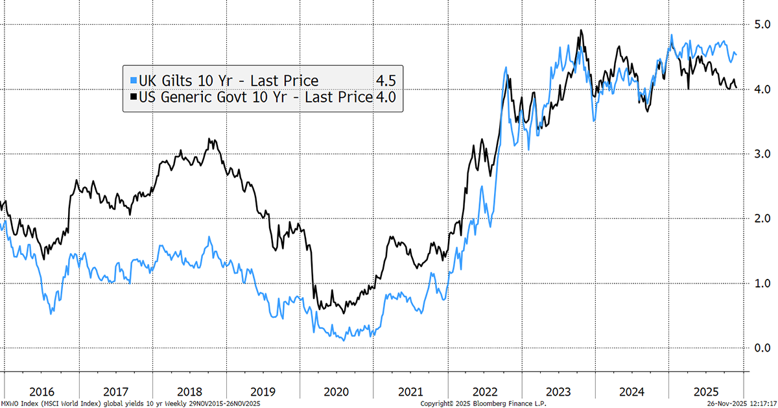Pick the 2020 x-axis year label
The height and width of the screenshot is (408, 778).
point(336,392)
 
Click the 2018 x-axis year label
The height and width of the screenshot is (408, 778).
point(189,392)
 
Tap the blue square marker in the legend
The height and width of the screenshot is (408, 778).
point(133,80)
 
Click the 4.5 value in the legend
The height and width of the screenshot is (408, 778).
point(385,80)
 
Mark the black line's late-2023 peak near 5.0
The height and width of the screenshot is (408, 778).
point(581,30)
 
